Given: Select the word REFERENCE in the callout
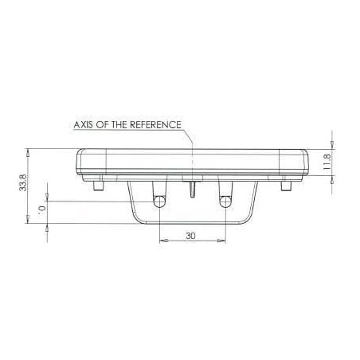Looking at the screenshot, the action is coord(155,125).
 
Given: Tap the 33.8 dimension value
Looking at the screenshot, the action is coord(23,182).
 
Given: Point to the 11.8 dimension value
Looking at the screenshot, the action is coord(327,162).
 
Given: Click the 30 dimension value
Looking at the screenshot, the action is coord(190,236).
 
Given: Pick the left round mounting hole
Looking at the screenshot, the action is coord(159,202).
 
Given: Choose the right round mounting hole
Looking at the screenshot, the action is coord(225,202).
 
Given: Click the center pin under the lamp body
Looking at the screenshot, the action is coord(193,190).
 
